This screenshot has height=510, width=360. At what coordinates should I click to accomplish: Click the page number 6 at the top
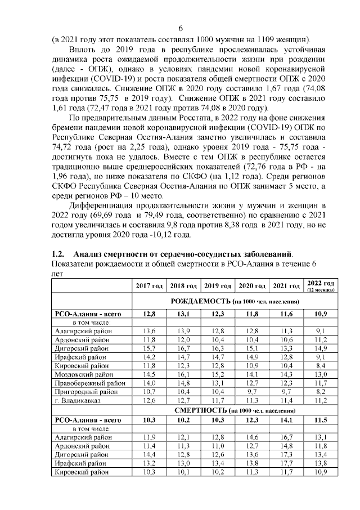[181, 29]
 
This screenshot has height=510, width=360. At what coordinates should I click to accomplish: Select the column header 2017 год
[149, 287]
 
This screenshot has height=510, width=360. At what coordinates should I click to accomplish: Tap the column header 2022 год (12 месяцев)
[321, 286]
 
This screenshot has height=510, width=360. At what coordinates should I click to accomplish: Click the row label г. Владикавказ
[78, 400]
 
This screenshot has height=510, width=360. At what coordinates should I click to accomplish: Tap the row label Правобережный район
[86, 382]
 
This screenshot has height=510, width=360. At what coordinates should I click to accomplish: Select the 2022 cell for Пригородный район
[321, 391]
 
